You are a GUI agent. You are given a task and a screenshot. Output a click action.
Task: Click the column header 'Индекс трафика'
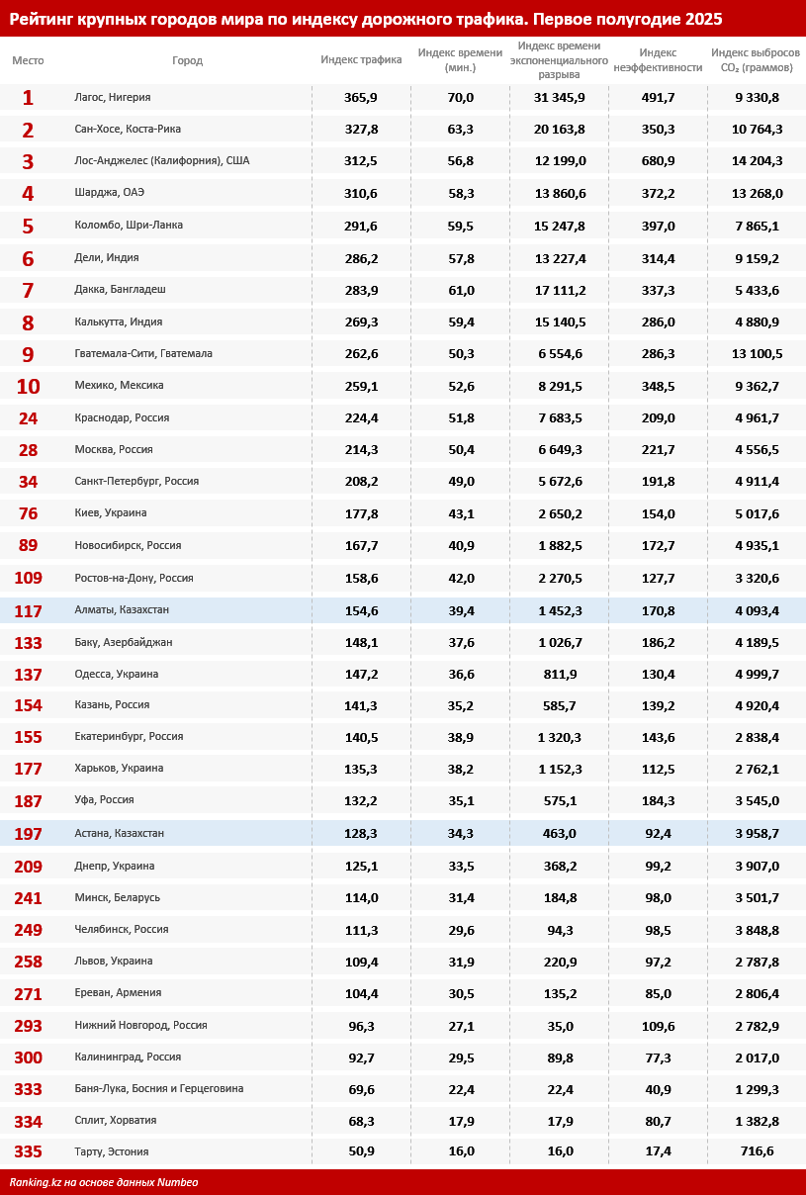tap(361, 59)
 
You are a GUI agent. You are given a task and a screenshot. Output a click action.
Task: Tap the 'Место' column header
tap(28, 60)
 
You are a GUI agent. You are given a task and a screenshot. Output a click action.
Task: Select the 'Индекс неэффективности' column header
tap(658, 59)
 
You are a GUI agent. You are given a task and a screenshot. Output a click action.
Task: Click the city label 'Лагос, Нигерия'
tap(113, 97)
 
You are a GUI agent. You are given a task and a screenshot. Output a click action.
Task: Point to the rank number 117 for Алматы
tap(28, 611)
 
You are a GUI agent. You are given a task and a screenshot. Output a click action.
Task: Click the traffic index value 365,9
tap(361, 97)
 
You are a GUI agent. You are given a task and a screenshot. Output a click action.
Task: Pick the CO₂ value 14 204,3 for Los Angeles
tap(757, 161)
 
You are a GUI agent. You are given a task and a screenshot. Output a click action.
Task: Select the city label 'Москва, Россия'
tap(114, 449)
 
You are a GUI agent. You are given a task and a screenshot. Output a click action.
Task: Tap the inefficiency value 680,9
tap(658, 161)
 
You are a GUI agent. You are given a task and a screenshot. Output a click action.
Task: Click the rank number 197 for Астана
tap(28, 834)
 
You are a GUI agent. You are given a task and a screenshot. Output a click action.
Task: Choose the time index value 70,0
tap(461, 97)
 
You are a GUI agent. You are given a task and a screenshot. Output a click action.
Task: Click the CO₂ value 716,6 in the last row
tap(757, 1151)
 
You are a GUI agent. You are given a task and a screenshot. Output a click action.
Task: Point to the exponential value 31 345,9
tap(559, 97)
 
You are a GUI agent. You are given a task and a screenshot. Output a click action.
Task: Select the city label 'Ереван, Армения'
tap(118, 992)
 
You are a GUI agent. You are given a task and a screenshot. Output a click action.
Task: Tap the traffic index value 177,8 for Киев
tap(361, 512)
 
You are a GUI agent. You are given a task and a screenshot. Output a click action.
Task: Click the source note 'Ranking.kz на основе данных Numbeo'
tap(104, 1182)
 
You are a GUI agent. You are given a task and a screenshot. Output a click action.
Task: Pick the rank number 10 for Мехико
tap(28, 386)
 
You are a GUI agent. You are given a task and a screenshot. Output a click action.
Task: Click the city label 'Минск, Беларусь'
tap(117, 897)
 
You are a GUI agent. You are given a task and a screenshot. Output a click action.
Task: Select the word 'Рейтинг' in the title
tap(45, 19)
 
